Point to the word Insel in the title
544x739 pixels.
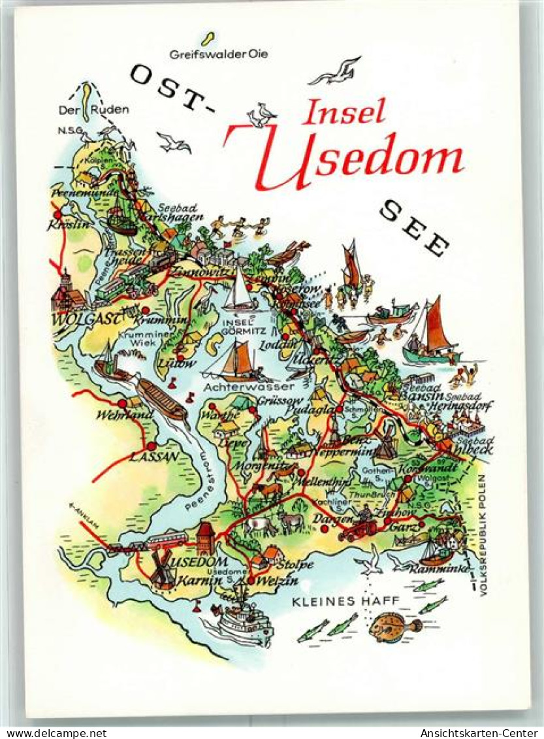[x=344, y=112]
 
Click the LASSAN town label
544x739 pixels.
[x=153, y=457]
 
